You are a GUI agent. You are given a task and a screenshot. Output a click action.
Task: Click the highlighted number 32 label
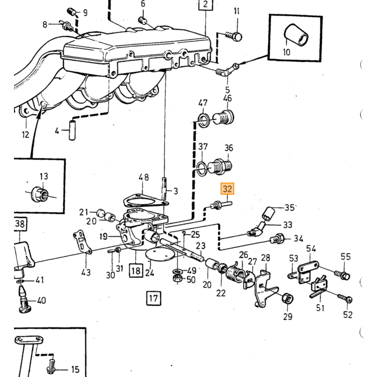click(227, 188)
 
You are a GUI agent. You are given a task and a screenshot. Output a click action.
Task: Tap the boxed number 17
click(153, 298)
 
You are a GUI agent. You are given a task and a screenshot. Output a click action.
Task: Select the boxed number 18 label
click(136, 271)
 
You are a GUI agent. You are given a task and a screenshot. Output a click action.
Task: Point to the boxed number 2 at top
click(206, 5)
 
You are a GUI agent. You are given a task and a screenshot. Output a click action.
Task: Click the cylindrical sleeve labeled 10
click(296, 35)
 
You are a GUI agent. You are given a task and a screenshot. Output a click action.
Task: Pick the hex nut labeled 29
click(287, 298)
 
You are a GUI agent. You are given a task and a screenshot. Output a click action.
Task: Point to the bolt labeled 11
click(234, 36)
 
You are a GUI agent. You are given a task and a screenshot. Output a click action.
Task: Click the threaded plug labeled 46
click(224, 118)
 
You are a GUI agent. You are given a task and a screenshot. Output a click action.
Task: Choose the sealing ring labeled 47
click(204, 120)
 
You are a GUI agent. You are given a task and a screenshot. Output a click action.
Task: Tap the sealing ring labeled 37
click(202, 168)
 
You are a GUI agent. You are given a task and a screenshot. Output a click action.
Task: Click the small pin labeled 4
click(72, 130)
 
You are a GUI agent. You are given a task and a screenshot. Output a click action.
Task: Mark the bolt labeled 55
click(343, 275)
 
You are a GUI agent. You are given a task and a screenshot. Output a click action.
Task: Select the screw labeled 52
click(345, 298)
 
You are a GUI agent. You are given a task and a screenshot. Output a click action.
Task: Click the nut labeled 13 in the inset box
click(40, 194)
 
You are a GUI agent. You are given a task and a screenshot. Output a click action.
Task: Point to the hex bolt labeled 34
click(277, 239)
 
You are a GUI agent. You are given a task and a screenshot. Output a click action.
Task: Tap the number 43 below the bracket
click(86, 273)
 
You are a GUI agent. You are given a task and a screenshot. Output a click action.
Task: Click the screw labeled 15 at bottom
click(51, 367)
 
